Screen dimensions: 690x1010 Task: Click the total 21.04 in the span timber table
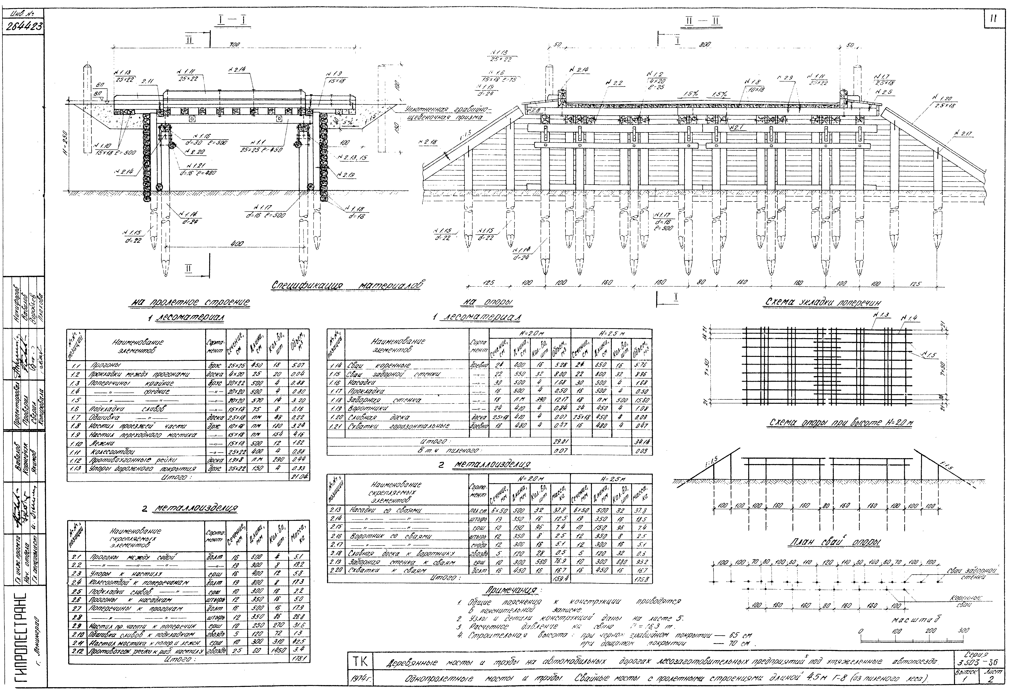[299, 477]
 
